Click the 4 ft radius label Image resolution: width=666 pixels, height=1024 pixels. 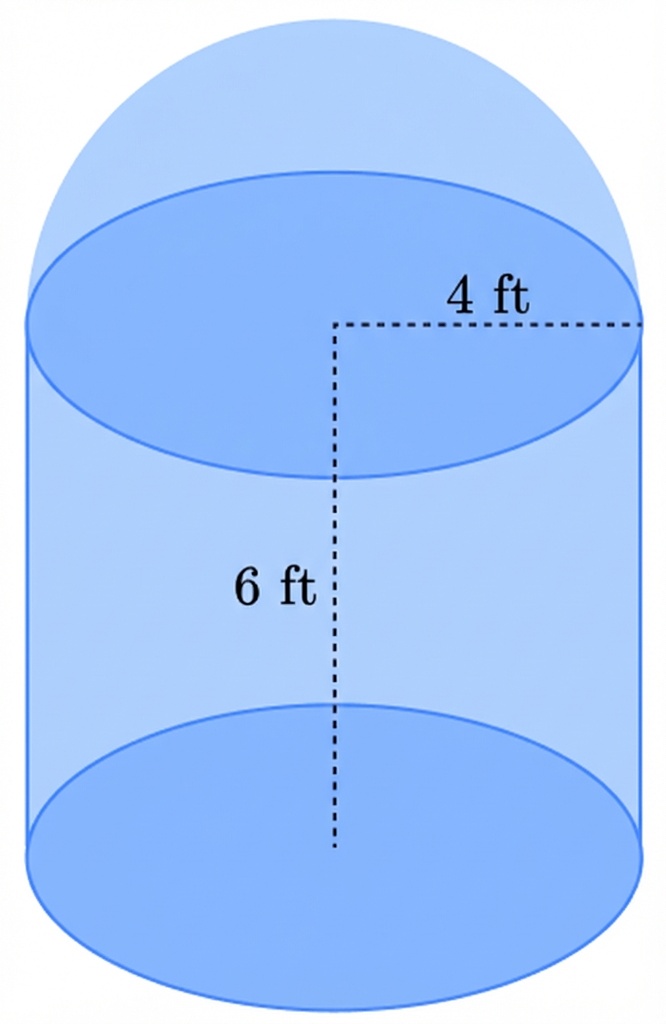pos(488,296)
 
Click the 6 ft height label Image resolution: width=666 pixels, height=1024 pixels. pos(275,587)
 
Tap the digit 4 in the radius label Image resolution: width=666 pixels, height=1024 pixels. pos(459,297)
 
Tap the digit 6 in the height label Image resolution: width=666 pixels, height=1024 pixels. pos(247,588)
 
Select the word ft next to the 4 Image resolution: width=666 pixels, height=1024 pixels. pos(511,296)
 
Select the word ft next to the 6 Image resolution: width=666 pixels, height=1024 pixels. pos(298,587)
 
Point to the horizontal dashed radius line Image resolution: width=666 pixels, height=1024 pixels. pos(488,325)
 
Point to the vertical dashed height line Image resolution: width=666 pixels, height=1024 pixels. pos(335,586)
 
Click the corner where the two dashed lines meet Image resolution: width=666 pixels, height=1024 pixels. pos(335,325)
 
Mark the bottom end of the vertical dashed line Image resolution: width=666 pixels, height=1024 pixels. pos(335,849)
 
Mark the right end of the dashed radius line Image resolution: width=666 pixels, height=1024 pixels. pos(642,325)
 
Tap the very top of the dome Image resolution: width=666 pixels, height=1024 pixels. pos(334,20)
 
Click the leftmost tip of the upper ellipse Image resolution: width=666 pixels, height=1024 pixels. pos(26,325)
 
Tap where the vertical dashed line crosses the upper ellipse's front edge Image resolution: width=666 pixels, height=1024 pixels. pos(335,477)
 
